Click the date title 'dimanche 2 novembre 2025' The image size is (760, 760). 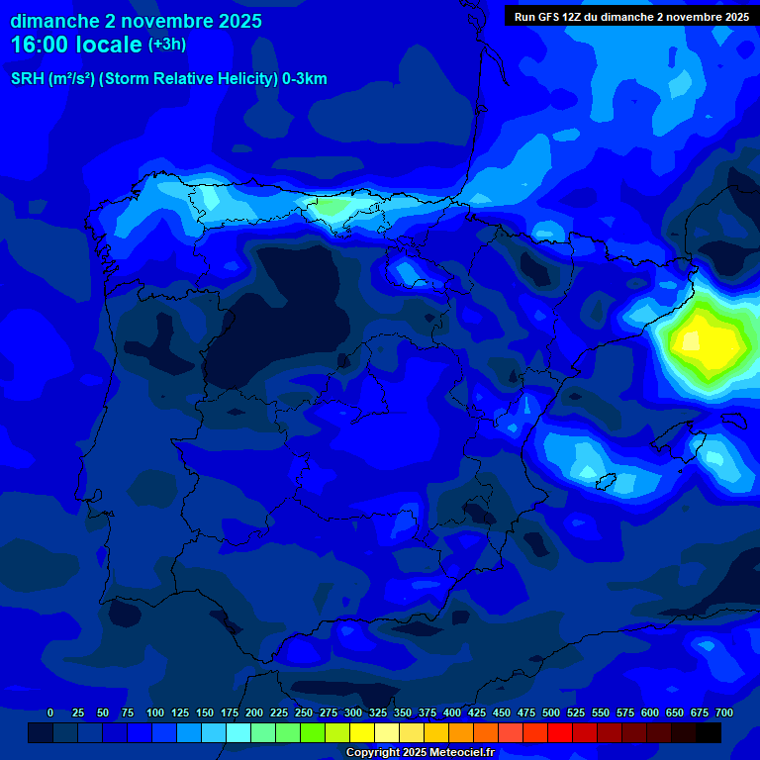pos(136,21)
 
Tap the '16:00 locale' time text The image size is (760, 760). pos(76,45)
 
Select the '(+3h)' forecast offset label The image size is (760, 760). pos(167,45)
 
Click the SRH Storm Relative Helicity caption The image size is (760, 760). pos(168,79)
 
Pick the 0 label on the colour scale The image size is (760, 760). pos(50,712)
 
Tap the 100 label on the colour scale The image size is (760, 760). pos(155,712)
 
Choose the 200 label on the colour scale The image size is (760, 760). pos(254,712)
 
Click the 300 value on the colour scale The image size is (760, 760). pos(353,712)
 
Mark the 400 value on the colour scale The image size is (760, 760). pos(452,712)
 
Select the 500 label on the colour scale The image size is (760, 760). pos(551,712)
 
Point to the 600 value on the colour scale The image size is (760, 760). pos(650,712)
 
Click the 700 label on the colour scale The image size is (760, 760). pos(724,712)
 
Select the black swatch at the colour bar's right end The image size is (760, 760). pos(709,732)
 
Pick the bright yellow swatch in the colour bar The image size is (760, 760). pos(362,732)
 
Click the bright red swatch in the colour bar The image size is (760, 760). pos(560,732)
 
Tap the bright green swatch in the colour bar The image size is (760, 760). pos(313,732)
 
